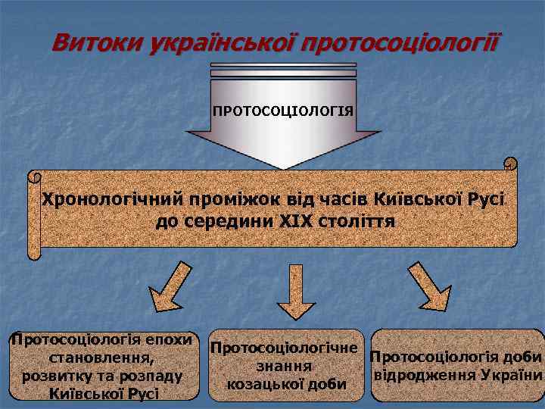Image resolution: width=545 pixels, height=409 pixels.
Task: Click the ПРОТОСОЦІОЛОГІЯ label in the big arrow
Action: click(283, 111)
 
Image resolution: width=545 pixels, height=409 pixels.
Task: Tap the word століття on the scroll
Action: click(358, 223)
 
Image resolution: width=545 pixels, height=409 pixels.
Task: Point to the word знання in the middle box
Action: click(285, 367)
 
